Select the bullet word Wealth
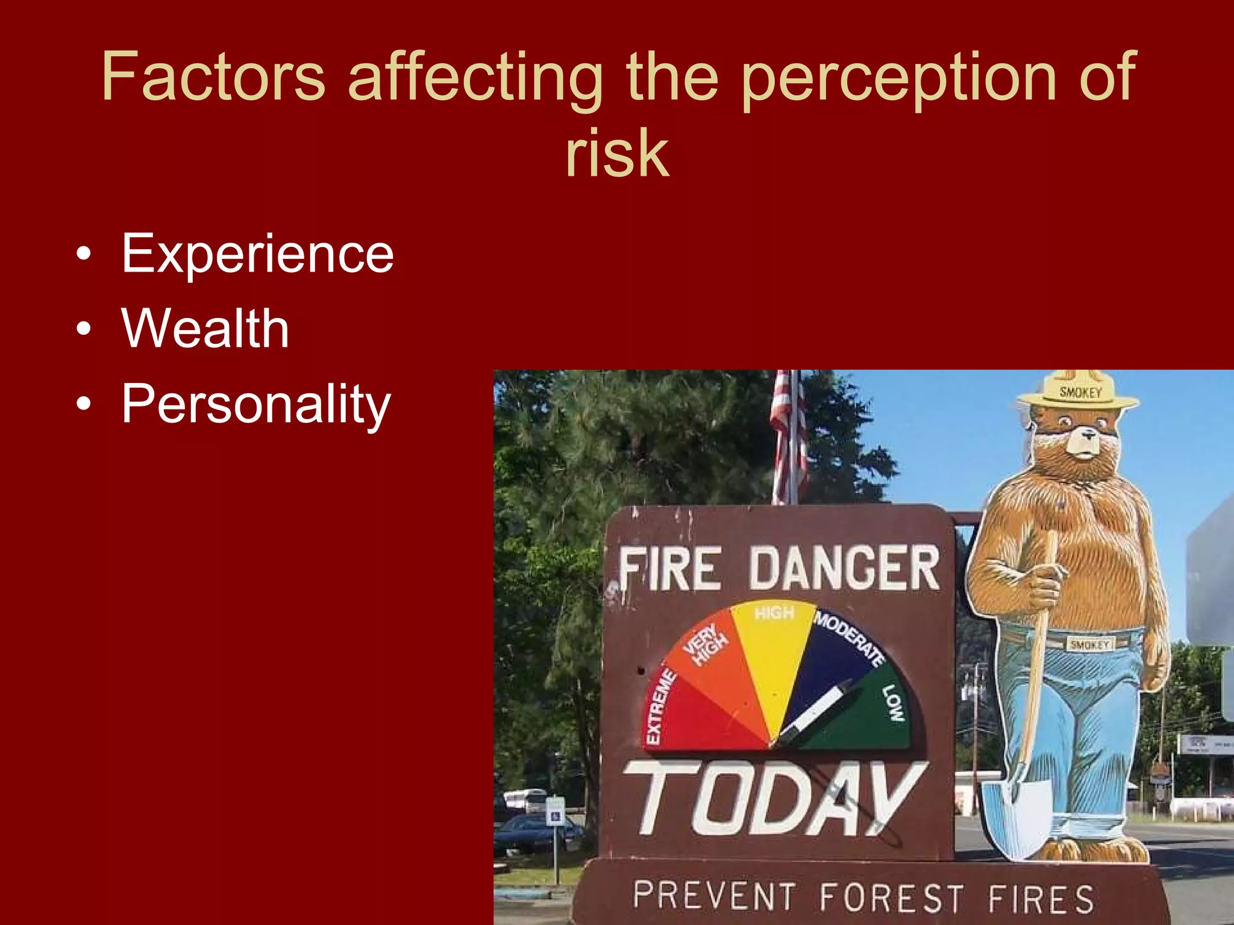click(205, 329)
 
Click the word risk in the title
click(617, 154)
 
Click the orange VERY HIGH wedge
click(717, 662)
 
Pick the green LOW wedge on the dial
click(868, 717)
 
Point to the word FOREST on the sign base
click(892, 897)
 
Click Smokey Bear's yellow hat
click(1079, 391)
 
